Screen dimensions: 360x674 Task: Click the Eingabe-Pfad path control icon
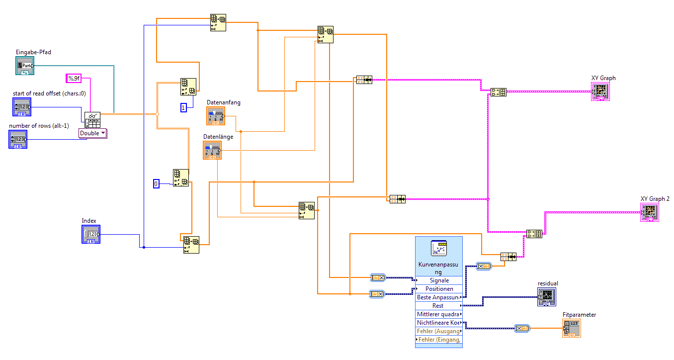coord(24,65)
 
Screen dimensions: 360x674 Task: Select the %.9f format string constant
coord(74,78)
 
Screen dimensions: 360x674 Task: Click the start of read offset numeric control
coord(21,107)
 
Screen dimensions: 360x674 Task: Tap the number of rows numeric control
coord(18,139)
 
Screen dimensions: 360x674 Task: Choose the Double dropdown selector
coord(93,133)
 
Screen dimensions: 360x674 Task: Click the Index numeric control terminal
coord(90,234)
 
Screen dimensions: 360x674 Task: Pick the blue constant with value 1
coord(183,107)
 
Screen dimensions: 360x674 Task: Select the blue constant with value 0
coord(156,184)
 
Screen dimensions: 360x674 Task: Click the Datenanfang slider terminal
coord(216,116)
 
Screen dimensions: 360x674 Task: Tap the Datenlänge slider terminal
coord(212,150)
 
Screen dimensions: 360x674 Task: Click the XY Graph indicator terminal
coord(600,91)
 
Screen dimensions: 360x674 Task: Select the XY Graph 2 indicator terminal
coord(649,212)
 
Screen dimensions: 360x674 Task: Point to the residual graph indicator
coord(546,297)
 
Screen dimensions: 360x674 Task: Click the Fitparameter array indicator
coord(571,328)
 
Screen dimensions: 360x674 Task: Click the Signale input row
coord(439,280)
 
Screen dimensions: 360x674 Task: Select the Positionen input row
coord(439,289)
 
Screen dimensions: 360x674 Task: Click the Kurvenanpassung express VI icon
coord(439,249)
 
